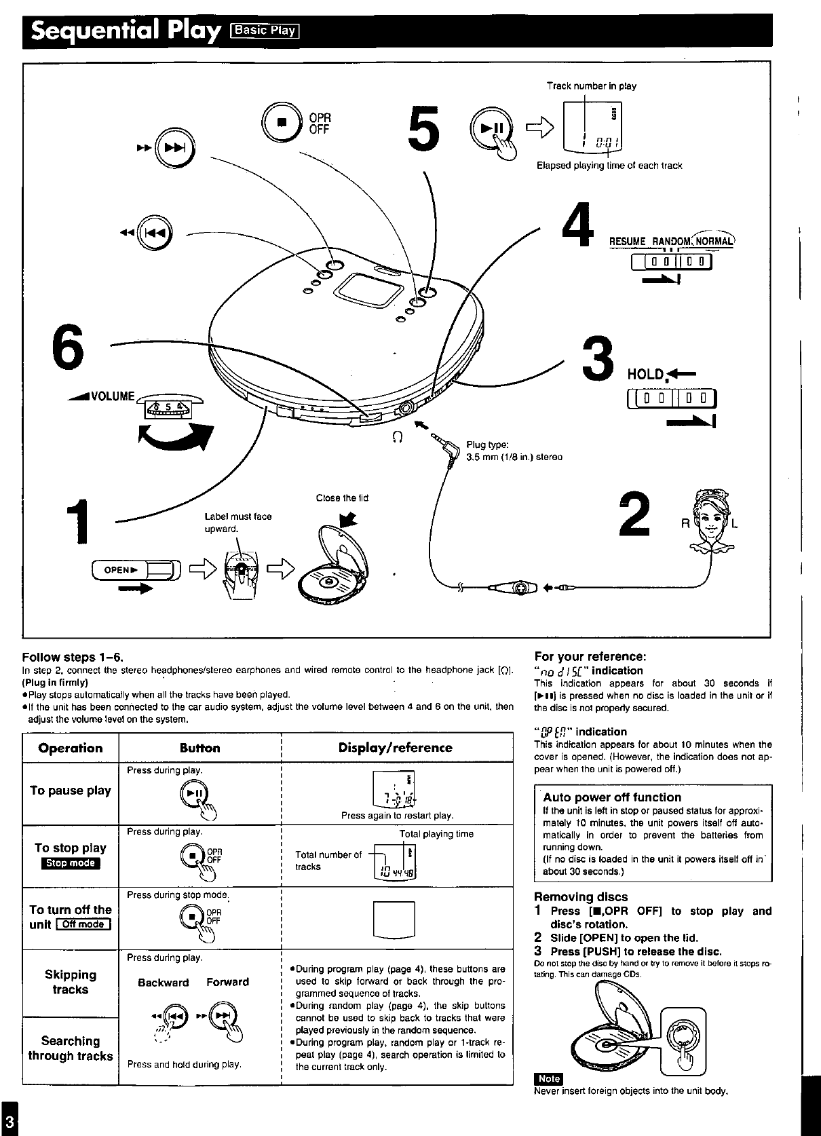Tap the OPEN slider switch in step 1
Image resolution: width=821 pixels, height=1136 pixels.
[136, 571]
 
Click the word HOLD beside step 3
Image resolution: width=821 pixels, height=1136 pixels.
[645, 374]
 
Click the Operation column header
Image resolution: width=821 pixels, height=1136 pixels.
[71, 748]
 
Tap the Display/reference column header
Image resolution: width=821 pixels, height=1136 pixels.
[395, 748]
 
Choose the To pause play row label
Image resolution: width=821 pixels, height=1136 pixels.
[71, 791]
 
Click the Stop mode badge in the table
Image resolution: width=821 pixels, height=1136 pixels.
[71, 863]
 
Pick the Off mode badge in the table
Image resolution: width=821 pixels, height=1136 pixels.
[83, 924]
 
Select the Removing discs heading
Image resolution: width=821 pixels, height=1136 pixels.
[581, 896]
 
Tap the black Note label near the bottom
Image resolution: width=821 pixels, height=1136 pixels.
[548, 1079]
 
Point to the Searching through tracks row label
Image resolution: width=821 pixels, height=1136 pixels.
[71, 1048]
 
